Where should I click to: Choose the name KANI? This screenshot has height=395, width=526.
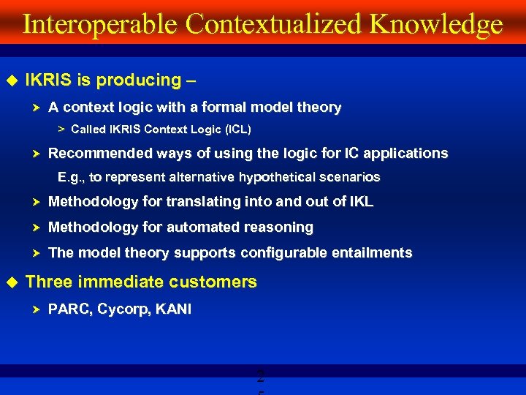click(172, 309)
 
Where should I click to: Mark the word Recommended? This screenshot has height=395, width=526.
click(97, 154)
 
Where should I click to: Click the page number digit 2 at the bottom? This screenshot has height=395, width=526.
click(261, 378)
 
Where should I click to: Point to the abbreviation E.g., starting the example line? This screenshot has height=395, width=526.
click(72, 177)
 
